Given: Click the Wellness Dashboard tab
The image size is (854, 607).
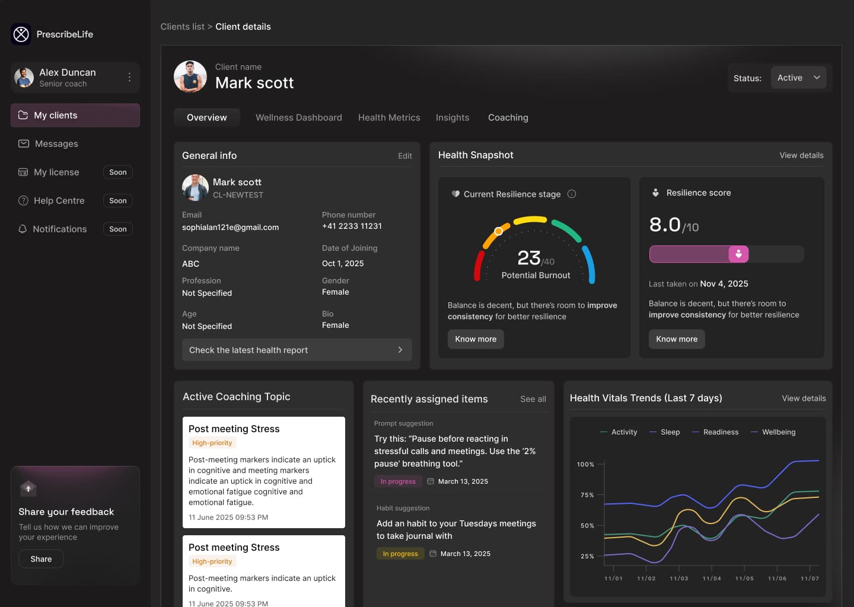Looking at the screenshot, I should (x=298, y=117).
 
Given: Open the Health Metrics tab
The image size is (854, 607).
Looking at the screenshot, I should (x=389, y=117).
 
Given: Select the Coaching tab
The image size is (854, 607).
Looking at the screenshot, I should (x=508, y=117).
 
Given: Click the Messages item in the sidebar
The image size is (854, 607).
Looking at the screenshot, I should (x=56, y=143).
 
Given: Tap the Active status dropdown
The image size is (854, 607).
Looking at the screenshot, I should (x=798, y=78).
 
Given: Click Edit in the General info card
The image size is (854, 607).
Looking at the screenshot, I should (x=404, y=156).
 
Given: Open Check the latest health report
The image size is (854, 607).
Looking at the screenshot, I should (x=297, y=350).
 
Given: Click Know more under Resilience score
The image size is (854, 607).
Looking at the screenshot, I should (x=676, y=339).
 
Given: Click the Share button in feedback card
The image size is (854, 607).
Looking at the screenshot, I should (x=41, y=559).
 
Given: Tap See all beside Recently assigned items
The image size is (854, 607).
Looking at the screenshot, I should (x=533, y=399).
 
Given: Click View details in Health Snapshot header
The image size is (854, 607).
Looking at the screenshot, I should (x=801, y=155).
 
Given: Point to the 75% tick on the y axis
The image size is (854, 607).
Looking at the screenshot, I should (x=587, y=495).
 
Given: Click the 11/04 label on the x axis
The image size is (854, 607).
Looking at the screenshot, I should (x=712, y=579).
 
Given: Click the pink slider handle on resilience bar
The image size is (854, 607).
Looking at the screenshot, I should (x=738, y=254).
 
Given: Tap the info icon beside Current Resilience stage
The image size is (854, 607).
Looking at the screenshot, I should (x=572, y=194).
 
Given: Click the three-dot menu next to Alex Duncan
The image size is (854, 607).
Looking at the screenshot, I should (x=129, y=77).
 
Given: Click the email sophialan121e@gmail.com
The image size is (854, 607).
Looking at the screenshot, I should (x=230, y=227).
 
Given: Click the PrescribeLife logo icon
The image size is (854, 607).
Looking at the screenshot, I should (x=21, y=34).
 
